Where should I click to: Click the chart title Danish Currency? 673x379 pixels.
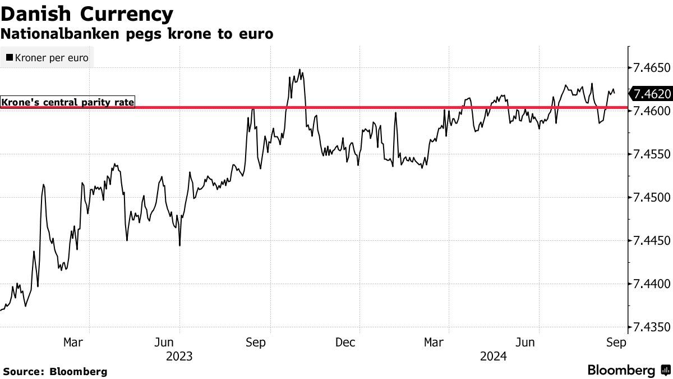click(87, 13)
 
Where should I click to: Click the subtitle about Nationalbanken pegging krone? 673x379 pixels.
click(137, 34)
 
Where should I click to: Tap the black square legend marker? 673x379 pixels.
click(10, 58)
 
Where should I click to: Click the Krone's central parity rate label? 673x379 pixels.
click(68, 102)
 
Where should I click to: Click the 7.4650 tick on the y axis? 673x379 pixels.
click(651, 68)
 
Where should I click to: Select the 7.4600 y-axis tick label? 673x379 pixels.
click(651, 111)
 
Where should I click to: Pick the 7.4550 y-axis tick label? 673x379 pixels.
click(651, 154)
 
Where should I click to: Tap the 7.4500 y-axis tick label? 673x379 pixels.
click(651, 198)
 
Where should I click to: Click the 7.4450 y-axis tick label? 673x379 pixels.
click(651, 241)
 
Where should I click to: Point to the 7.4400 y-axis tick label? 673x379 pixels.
click(651, 284)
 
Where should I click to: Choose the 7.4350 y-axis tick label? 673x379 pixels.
click(651, 327)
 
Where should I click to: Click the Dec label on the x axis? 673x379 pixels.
click(345, 342)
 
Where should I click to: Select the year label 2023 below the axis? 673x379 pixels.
click(179, 357)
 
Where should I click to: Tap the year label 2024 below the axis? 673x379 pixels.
click(493, 357)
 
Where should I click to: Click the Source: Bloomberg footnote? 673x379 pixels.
click(55, 371)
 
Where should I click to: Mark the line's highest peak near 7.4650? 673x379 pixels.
click(300, 70)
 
